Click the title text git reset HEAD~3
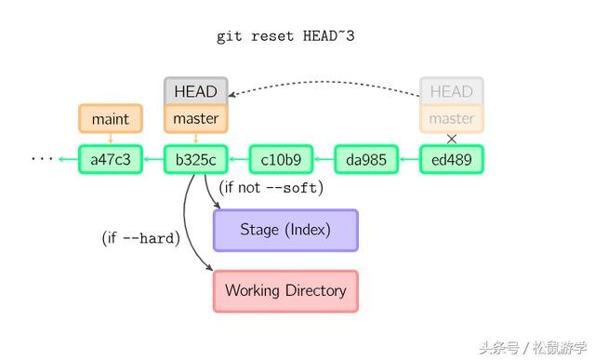[285, 36]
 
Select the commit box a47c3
[111, 159]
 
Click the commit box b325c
[195, 159]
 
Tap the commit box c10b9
[281, 159]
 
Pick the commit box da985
[366, 159]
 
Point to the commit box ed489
[452, 159]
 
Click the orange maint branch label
[111, 119]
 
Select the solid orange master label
[195, 119]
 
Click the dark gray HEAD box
[195, 91]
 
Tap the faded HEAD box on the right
[452, 91]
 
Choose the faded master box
[452, 119]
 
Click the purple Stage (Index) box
[285, 230]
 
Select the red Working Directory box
[285, 290]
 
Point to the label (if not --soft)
[271, 188]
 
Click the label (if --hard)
[139, 238]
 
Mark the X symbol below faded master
[452, 139]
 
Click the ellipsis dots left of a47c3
[43, 159]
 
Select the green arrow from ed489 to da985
[409, 159]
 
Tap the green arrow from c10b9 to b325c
[238, 159]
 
